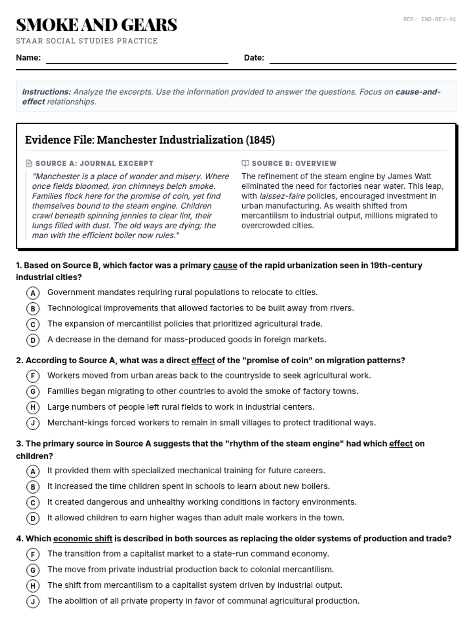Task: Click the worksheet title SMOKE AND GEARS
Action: coord(96,25)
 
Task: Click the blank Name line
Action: coord(137,59)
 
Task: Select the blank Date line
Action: coord(362,59)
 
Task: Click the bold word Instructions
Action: coord(46,92)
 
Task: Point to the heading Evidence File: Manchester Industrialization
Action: coord(150,140)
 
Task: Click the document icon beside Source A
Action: coord(29,163)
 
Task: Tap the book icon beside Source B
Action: coord(245,163)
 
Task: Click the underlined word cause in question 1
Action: coord(225,265)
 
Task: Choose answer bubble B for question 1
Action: coord(33,309)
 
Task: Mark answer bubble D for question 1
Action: coord(33,340)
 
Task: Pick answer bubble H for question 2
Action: coord(33,407)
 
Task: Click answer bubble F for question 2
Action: coord(33,376)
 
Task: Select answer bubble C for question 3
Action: coord(33,502)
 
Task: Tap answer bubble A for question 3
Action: coord(33,471)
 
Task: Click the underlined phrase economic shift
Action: coord(83,539)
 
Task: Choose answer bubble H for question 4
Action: coord(33,586)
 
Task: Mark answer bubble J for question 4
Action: coord(33,601)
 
